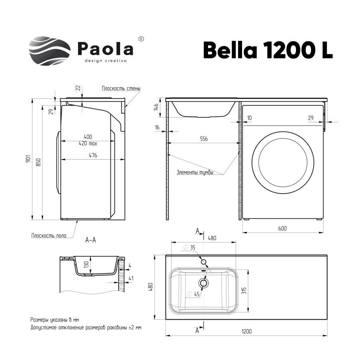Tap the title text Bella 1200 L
(268, 50)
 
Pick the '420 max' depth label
(88, 143)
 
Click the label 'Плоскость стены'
(121, 88)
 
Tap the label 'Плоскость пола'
(49, 236)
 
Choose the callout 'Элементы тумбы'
(195, 172)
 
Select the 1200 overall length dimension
(246, 331)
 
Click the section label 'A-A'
(90, 240)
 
